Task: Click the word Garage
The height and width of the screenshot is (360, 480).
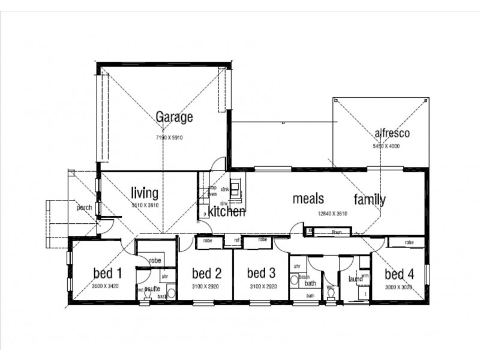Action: pos(174,117)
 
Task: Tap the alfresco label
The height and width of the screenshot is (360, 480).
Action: pos(392,133)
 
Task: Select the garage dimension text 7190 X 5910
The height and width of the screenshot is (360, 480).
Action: pos(169,137)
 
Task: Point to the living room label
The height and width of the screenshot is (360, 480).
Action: pos(145,193)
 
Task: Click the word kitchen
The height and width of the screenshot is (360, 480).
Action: pos(227,212)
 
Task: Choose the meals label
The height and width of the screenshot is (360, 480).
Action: pos(308,199)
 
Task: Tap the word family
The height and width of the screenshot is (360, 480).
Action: pos(370,200)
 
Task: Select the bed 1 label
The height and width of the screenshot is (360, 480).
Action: pos(107,274)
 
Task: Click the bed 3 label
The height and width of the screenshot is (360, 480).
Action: pos(262,274)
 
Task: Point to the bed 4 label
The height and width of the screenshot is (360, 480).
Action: pos(398,275)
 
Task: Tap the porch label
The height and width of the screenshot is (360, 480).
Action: pos(83,208)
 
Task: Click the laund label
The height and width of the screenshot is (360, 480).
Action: pos(356,279)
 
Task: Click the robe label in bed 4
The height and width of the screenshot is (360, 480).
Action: pos(409,242)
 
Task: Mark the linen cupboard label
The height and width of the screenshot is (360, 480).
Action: pos(337,232)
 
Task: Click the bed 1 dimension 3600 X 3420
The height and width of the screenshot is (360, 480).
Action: pos(106,287)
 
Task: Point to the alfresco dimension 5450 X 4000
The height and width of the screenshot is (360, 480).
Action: pos(386,146)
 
